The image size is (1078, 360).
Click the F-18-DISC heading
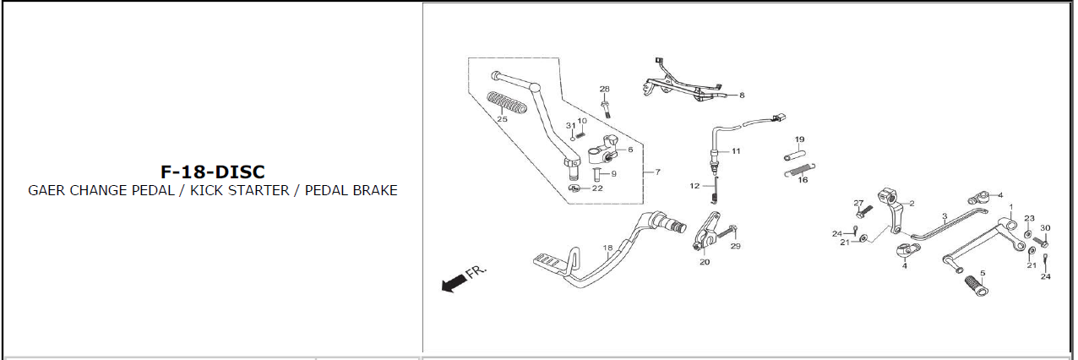tap(213, 172)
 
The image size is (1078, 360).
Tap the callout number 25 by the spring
tap(502, 119)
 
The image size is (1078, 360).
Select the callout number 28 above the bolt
tap(604, 89)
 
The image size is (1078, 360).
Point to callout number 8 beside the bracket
tap(742, 95)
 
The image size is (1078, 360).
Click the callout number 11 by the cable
tap(736, 151)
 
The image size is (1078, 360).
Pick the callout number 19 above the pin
tap(799, 139)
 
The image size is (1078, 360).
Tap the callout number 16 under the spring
tap(803, 179)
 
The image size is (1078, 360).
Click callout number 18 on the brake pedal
tap(607, 248)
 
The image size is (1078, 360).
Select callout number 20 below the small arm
tap(705, 262)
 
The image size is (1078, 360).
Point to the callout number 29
tap(735, 246)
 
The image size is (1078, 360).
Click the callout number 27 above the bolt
tap(858, 203)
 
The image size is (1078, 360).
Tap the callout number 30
tap(1045, 228)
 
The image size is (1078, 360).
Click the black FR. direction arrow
tap(454, 282)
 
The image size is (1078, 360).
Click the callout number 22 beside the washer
tap(597, 188)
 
